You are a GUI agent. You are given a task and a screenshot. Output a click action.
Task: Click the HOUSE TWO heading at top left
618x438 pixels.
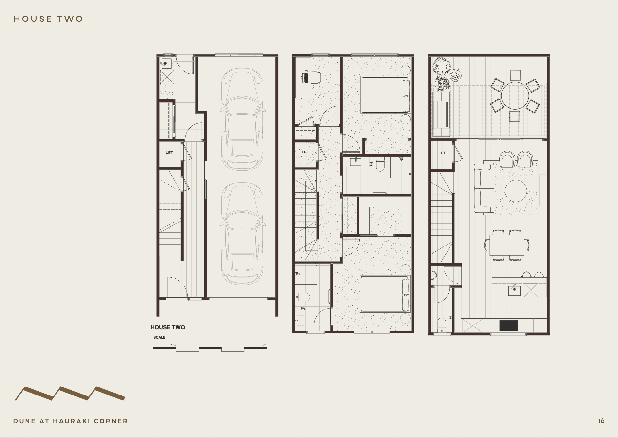(48, 19)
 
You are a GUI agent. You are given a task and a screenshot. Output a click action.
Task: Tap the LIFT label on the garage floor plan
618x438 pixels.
(169, 153)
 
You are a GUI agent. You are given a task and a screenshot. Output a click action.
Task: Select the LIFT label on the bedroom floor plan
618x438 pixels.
(305, 152)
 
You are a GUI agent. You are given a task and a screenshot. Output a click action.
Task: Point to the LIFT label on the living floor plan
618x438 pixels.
(442, 153)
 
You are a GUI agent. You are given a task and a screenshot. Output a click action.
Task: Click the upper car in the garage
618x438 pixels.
(242, 119)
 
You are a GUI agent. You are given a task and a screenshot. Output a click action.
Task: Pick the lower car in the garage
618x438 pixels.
(242, 233)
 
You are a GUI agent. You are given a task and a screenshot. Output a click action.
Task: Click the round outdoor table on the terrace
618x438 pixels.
(515, 96)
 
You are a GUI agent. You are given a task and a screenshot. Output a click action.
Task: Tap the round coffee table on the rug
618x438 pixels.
(516, 191)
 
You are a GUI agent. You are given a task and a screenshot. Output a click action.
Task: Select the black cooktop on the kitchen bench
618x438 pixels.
(509, 325)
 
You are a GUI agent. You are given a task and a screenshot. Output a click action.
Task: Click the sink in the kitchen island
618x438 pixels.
(514, 291)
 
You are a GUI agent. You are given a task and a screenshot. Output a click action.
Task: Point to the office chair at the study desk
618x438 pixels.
(315, 78)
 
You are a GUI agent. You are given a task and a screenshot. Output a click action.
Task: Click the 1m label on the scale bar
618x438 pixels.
(173, 345)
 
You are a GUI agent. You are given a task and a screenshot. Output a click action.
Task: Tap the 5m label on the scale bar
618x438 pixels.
(264, 345)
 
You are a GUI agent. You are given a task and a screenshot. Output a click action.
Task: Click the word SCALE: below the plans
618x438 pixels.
(160, 337)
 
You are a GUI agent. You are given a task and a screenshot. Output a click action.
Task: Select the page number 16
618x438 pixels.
(601, 421)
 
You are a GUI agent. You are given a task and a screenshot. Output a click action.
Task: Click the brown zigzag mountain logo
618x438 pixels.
(70, 394)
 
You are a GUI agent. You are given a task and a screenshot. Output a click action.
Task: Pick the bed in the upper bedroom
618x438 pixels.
(385, 95)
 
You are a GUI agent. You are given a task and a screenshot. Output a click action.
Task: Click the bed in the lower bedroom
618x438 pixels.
(385, 294)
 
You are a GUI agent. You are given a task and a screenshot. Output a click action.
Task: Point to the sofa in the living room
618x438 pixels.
(484, 188)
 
